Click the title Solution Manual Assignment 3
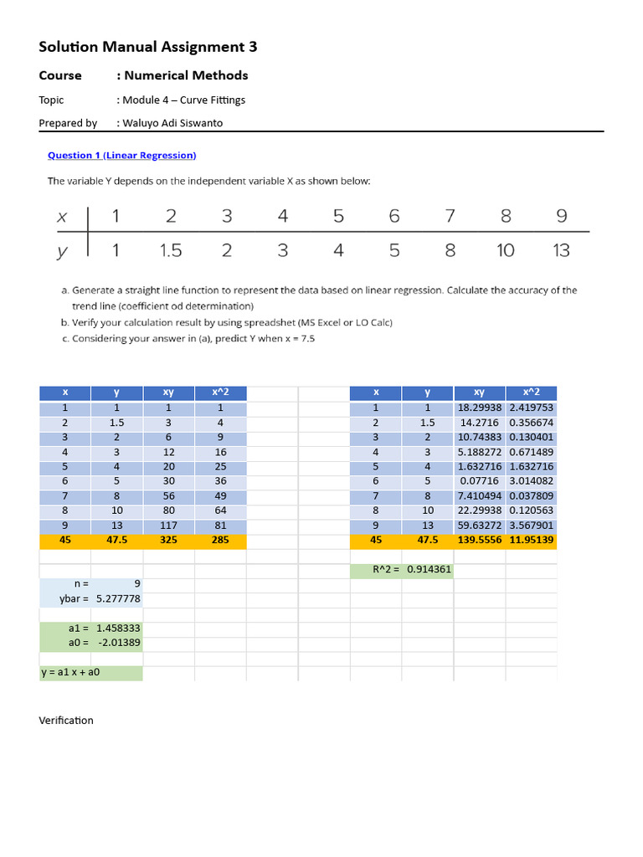pyautogui.click(x=148, y=47)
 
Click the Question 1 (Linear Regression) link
pyautogui.click(x=121, y=155)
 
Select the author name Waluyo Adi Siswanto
pyautogui.click(x=173, y=123)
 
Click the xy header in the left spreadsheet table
pyautogui.click(x=168, y=392)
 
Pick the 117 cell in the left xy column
pyautogui.click(x=168, y=526)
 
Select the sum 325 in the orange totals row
pyautogui.click(x=168, y=541)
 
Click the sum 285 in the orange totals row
pyautogui.click(x=220, y=541)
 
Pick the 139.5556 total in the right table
pyautogui.click(x=480, y=541)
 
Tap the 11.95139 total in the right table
pyautogui.click(x=531, y=541)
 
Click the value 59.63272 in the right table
pyautogui.click(x=480, y=526)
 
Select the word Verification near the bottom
pyautogui.click(x=66, y=720)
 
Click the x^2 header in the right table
pyautogui.click(x=531, y=392)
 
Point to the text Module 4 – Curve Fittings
pyautogui.click(x=183, y=100)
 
